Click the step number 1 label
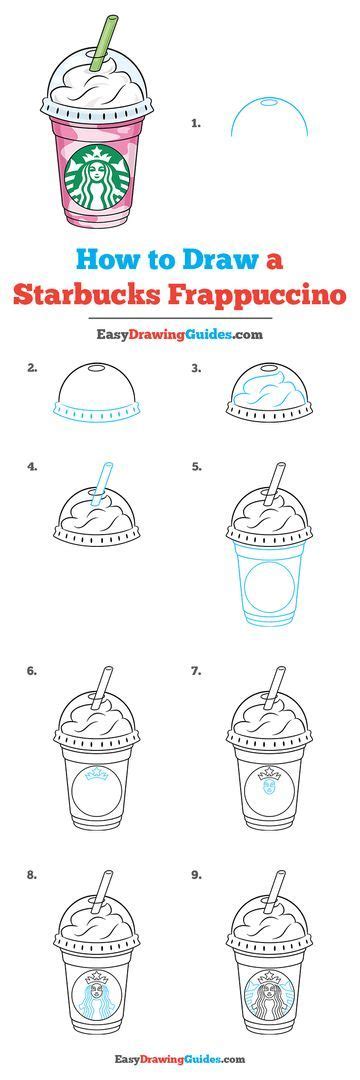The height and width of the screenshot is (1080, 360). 195,123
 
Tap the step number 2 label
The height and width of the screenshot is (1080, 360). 32,368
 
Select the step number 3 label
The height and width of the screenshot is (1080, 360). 196,368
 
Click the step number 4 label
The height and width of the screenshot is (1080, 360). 32,466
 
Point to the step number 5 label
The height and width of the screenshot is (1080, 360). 196,466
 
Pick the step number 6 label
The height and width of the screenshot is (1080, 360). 32,670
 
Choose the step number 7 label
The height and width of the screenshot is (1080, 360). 196,670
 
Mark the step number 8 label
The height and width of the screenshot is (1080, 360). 32,875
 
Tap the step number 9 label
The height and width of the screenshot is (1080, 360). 196,875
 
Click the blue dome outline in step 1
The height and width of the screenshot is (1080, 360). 269,100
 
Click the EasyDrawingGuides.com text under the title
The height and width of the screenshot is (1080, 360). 180,335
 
